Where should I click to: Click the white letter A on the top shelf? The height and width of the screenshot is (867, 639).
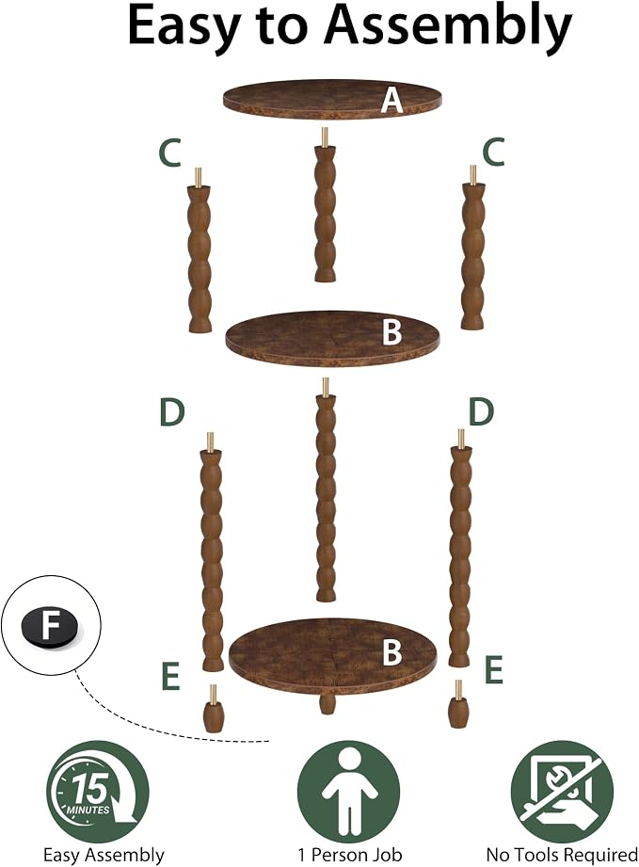tap(391, 101)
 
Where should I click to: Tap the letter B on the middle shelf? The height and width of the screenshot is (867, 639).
tap(391, 332)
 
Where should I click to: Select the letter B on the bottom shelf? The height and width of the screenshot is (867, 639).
tap(391, 652)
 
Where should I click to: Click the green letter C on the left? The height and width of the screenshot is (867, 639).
tap(169, 153)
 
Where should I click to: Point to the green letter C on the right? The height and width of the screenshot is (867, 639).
tap(494, 153)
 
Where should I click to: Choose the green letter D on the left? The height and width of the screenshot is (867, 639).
tap(171, 412)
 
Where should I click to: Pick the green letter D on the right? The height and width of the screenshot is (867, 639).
tap(481, 412)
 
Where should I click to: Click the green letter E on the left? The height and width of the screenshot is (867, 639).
tap(170, 676)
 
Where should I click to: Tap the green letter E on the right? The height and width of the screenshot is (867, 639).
tap(494, 669)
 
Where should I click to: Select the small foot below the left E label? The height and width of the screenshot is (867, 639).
tap(214, 708)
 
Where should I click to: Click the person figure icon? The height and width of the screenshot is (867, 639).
tap(349, 792)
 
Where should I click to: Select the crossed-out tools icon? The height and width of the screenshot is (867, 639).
tap(562, 792)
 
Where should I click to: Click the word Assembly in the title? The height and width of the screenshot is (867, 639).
tap(448, 26)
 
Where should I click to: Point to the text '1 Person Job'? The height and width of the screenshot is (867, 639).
tap(350, 855)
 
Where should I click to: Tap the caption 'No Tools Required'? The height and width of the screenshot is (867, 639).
tap(562, 855)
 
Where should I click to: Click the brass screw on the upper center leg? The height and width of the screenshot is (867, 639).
tap(325, 136)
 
